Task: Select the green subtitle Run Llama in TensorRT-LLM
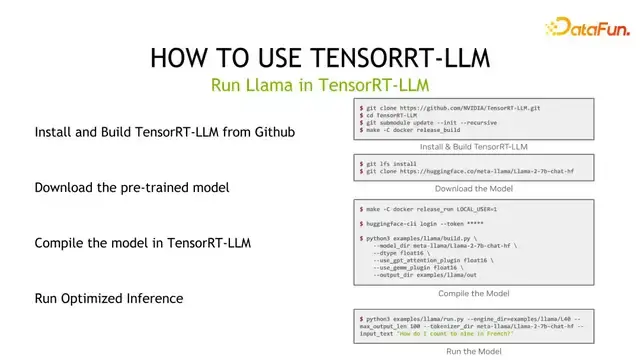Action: tap(320, 85)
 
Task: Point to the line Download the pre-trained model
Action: tap(132, 187)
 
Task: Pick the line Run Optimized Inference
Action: tap(109, 298)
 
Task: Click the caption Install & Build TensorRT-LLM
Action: tap(473, 146)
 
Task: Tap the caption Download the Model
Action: tap(473, 188)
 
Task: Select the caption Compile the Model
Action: tap(473, 293)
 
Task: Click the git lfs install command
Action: tap(392, 161)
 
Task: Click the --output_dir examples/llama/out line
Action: tap(426, 277)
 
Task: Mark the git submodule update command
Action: tap(419, 122)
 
